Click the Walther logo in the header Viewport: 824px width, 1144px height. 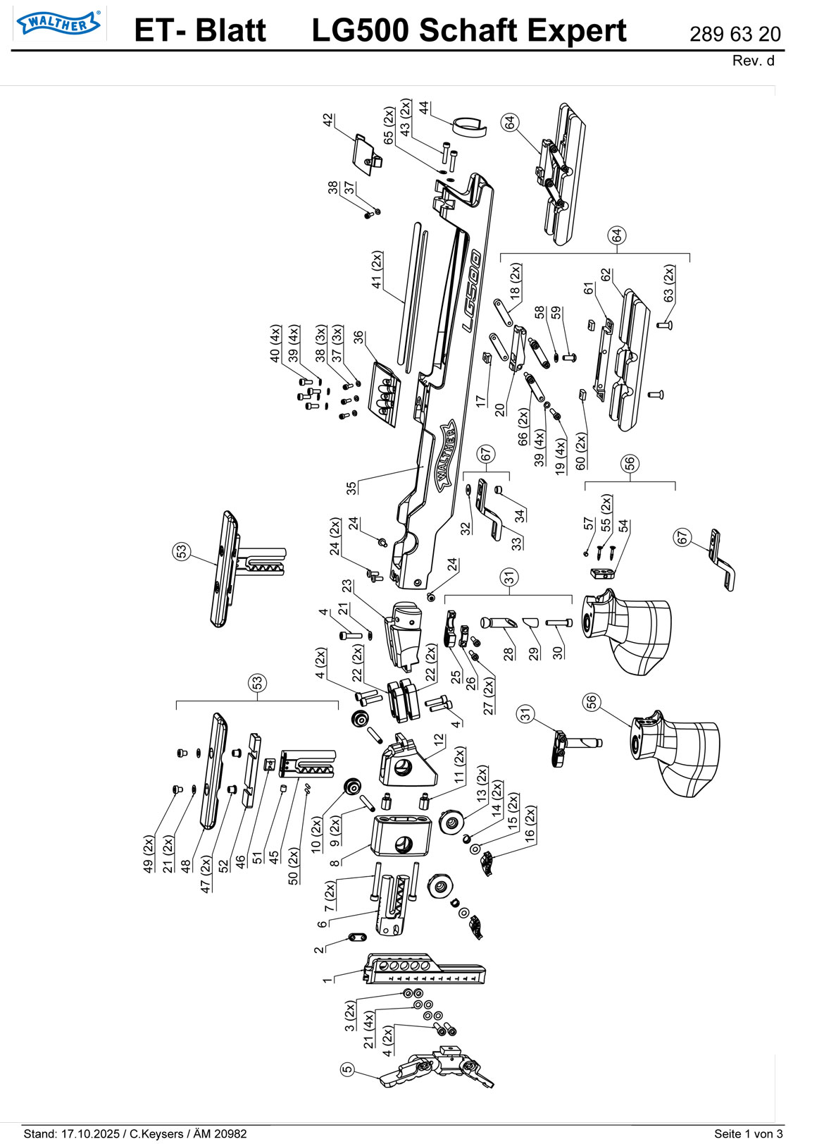[58, 23]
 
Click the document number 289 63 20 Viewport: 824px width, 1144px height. [735, 35]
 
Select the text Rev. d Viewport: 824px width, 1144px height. [753, 61]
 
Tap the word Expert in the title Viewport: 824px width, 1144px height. [577, 31]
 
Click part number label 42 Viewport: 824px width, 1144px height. [328, 120]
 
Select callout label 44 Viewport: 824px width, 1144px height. [424, 108]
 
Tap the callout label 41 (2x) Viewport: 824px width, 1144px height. [377, 270]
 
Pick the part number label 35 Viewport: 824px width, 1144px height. [351, 488]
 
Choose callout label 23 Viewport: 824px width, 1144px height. [347, 586]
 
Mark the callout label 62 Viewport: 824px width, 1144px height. [606, 275]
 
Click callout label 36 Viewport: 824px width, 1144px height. [358, 338]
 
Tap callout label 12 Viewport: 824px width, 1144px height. [439, 740]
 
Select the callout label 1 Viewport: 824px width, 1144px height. [327, 980]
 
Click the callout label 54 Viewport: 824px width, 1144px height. [623, 526]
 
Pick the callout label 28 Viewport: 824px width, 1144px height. [508, 654]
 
